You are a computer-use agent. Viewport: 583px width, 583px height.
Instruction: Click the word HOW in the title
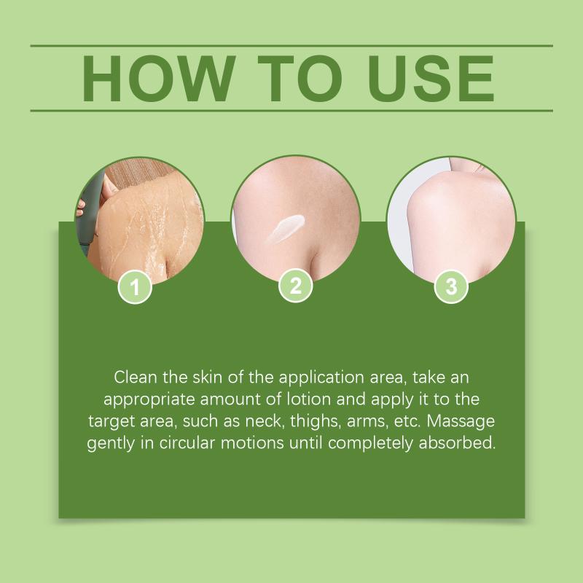(159, 79)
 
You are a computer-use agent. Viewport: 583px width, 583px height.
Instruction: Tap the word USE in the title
(431, 79)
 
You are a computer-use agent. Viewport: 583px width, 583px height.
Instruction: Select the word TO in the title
(300, 79)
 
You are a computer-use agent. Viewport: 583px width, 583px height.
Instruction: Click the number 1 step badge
(135, 287)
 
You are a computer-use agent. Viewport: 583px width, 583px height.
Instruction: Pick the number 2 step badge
(296, 286)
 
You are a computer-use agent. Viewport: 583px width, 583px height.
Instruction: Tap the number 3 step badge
(451, 286)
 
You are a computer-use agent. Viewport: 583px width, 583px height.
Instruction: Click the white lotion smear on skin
(286, 228)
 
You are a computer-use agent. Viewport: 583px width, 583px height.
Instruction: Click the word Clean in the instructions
(136, 377)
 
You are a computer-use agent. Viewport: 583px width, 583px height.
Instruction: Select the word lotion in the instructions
(308, 399)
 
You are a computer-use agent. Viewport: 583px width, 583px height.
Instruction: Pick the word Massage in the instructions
(461, 421)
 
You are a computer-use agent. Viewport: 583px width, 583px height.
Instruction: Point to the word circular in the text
(187, 443)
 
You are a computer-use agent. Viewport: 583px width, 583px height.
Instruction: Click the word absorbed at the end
(458, 443)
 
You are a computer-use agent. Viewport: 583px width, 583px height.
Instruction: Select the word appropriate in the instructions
(149, 400)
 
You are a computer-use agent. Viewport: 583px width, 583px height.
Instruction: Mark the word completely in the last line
(371, 444)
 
